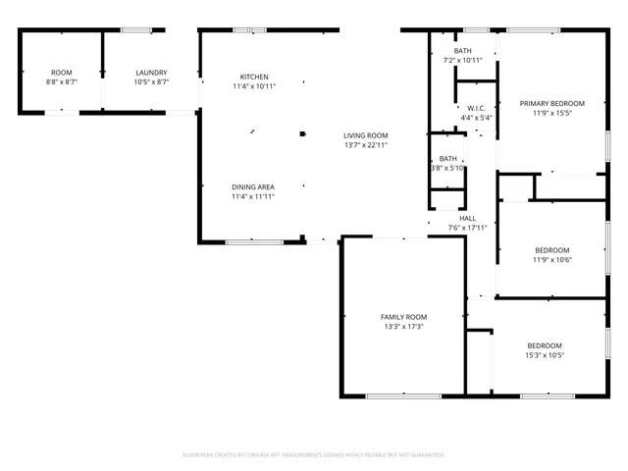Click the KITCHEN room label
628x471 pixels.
click(254, 77)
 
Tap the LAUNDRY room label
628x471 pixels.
click(151, 72)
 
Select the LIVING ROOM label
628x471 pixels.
click(366, 135)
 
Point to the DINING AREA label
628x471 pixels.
click(252, 186)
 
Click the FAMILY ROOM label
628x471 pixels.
click(403, 316)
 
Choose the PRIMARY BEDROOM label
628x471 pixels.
click(551, 103)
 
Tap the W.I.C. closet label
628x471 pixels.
click(476, 108)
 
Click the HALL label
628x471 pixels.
click(467, 218)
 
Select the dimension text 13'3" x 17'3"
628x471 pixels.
click(403, 326)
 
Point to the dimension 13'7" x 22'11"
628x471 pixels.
click(366, 145)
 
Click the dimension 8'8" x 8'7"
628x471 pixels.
click(62, 81)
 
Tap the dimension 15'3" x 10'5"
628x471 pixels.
click(545, 355)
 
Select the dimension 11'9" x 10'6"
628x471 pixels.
click(551, 259)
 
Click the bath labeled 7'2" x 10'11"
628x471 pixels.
click(463, 60)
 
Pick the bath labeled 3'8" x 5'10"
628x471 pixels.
click(448, 168)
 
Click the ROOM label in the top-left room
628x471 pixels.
click(62, 72)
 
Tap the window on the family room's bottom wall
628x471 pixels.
click(403, 395)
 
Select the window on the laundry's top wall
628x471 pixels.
click(135, 30)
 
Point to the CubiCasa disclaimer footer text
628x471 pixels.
click(313, 455)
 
